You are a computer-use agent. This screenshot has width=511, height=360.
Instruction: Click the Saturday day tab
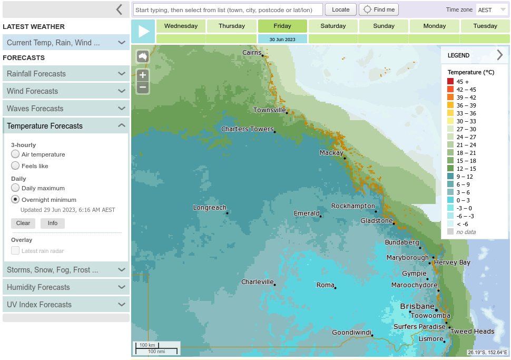tap(333, 26)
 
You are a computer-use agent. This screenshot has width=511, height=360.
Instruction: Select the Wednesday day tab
tap(181, 26)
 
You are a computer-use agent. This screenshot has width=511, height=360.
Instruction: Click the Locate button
tap(340, 9)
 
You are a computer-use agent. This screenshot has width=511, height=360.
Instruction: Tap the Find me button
tap(379, 9)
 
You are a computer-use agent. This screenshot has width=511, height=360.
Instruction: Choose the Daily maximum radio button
tap(15, 188)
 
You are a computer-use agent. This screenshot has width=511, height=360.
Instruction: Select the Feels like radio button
tap(15, 166)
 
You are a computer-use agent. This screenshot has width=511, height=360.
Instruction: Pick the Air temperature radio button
tap(15, 154)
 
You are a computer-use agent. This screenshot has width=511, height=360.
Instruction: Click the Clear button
tap(23, 223)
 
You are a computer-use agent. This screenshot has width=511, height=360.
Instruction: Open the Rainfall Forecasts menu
tap(66, 74)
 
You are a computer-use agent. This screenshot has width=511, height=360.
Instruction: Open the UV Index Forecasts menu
tap(66, 305)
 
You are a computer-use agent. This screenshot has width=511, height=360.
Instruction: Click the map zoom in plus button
tap(142, 75)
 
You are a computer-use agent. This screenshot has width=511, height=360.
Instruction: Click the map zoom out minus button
tap(142, 87)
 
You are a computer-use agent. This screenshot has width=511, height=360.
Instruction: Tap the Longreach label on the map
tap(209, 207)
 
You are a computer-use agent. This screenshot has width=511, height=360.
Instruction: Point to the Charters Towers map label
tap(247, 129)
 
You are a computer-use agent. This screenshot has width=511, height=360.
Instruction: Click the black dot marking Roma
tap(336, 287)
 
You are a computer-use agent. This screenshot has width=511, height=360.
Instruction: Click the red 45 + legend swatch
tap(450, 82)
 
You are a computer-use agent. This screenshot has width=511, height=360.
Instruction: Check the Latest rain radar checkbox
tap(15, 251)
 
